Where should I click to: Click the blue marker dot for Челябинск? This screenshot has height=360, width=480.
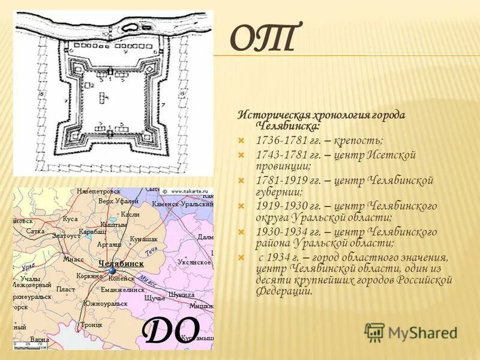112,271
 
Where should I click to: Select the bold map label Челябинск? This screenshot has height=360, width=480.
120,263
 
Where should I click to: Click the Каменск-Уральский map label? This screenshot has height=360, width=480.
183,204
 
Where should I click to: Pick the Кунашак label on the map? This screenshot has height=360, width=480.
144,239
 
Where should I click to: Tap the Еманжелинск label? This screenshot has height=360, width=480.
122,289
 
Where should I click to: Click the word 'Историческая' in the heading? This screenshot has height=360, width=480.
274,115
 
